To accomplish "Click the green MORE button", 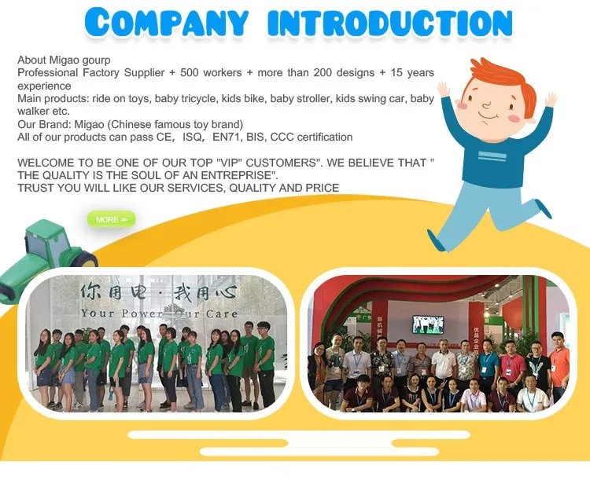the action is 112,219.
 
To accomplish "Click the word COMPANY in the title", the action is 167,22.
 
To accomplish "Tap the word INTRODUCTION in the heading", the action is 390,23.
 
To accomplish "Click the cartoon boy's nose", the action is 486,106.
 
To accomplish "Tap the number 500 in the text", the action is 190,72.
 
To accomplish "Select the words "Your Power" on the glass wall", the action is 121,313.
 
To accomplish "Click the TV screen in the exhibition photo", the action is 428,324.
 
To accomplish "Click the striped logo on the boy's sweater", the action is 492,156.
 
